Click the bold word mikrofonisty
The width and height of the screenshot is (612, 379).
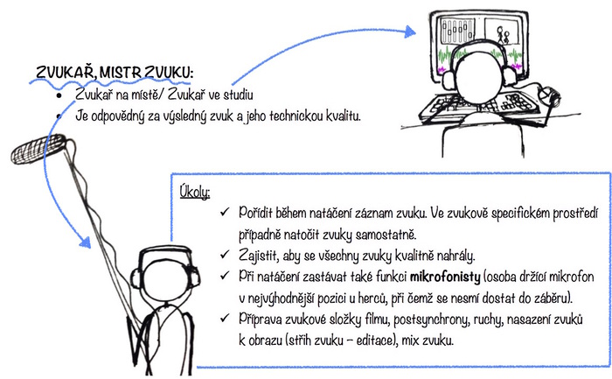click(x=445, y=277)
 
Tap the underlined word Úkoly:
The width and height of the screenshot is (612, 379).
click(x=195, y=192)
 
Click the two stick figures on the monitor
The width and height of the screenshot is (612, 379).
click(x=503, y=35)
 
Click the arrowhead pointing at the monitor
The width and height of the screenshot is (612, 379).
click(x=410, y=32)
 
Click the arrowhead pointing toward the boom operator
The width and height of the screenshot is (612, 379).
click(x=85, y=242)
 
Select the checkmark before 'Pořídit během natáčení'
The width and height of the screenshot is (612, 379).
click(x=225, y=212)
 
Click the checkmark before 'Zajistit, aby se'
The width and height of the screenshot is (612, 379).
click(x=225, y=255)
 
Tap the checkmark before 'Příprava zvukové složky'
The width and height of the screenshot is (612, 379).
click(x=225, y=318)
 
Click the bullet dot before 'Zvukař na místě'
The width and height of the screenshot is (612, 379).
click(x=59, y=95)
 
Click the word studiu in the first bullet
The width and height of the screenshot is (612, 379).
click(x=238, y=95)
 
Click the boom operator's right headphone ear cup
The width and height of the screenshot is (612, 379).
click(x=194, y=277)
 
